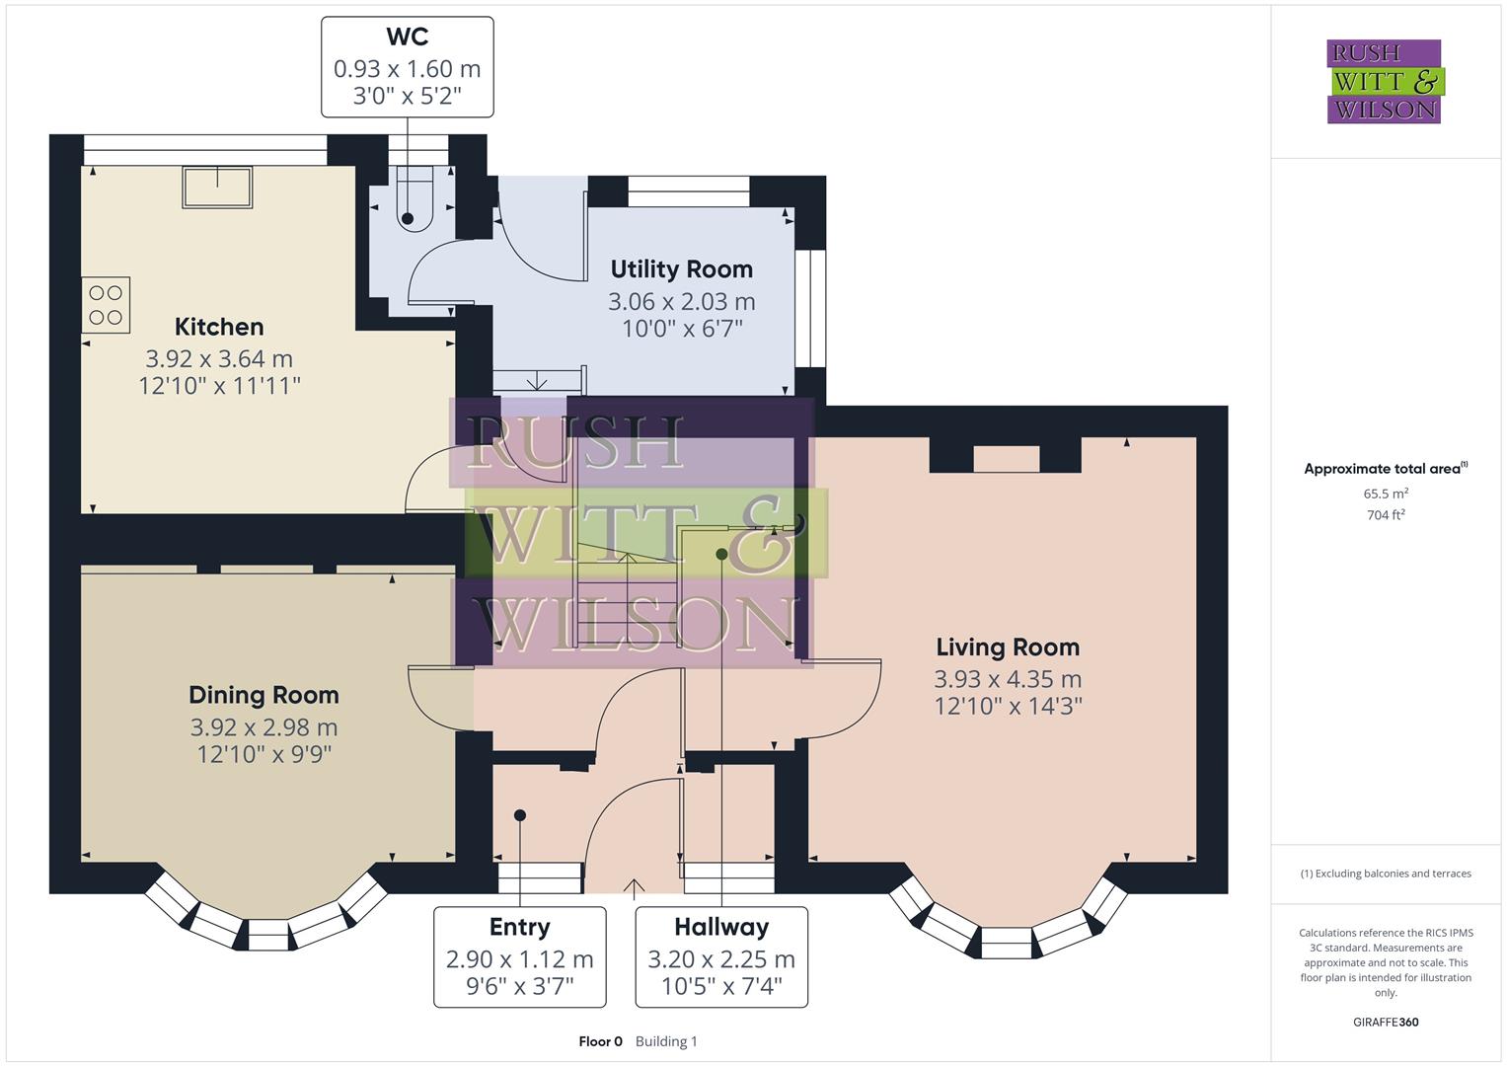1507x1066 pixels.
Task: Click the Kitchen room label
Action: (x=219, y=327)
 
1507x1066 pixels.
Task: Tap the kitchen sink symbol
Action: (x=217, y=187)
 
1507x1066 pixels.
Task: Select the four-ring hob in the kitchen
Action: (x=106, y=305)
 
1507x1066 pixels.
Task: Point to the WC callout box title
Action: (x=407, y=38)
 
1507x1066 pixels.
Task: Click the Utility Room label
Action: (x=681, y=269)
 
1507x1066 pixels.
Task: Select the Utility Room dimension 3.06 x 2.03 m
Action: (x=681, y=302)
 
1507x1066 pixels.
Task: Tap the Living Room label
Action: (x=1008, y=647)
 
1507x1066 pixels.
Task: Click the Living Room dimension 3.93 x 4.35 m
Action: (x=1008, y=679)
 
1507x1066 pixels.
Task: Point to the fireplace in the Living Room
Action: (x=1007, y=458)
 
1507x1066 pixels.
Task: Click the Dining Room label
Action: (x=264, y=695)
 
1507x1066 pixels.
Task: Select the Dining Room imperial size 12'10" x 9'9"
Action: (x=264, y=754)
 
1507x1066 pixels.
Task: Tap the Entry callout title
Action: (x=519, y=927)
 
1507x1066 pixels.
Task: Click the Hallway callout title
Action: (x=720, y=927)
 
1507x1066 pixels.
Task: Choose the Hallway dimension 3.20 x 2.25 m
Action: (x=720, y=959)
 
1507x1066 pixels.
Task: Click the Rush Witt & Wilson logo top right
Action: (x=1384, y=82)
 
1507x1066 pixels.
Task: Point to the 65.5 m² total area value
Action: (x=1386, y=494)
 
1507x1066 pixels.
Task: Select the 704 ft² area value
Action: (x=1386, y=515)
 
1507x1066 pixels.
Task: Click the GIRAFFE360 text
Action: (x=1386, y=1023)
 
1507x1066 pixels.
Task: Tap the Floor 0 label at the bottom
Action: (x=600, y=1041)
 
